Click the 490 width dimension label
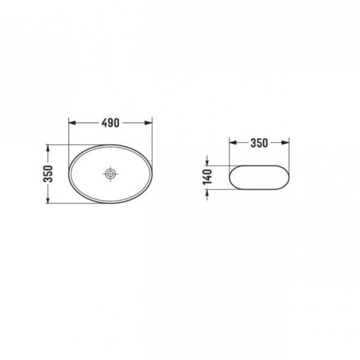coord(110,123)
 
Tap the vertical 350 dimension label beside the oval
coord(48,174)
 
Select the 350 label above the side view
coord(259,143)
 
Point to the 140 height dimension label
coord(207,177)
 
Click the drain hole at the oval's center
coord(110,174)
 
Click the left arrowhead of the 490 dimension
coord(72,123)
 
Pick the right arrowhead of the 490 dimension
coord(148,123)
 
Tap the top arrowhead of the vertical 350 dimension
coord(48,148)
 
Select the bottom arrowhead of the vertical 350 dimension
coord(48,200)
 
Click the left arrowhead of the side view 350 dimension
coord(233,143)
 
